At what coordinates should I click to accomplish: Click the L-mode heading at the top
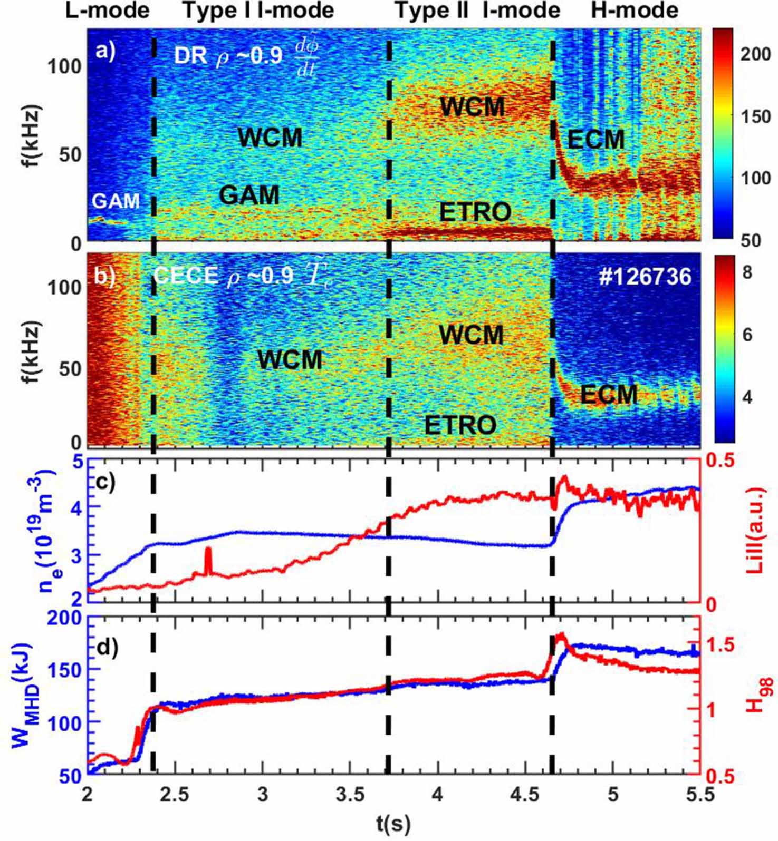point(107,11)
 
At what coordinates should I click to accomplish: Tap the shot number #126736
point(645,276)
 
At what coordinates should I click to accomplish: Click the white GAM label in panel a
point(116,201)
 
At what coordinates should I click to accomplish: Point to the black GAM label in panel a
point(249,195)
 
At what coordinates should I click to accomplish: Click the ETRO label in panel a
point(475,212)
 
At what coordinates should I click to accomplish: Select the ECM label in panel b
point(609,394)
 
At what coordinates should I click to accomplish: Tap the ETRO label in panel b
point(460,425)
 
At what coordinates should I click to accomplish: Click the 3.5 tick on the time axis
point(350,794)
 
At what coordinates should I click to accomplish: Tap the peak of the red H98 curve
point(560,635)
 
